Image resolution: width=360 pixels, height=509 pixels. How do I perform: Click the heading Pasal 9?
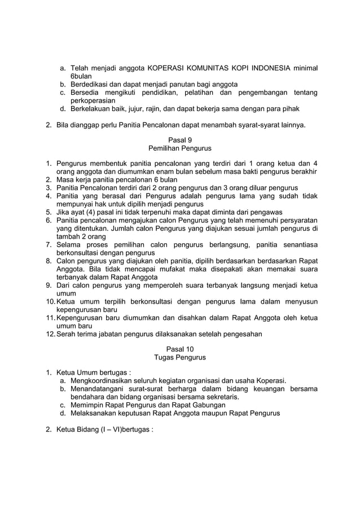179,139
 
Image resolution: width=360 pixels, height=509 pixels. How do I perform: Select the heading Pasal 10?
179,349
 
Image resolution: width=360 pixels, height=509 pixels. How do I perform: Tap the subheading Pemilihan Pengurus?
179,148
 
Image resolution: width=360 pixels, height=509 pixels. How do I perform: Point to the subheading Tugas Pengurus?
179,358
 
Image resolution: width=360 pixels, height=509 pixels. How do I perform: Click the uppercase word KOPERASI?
168,68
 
